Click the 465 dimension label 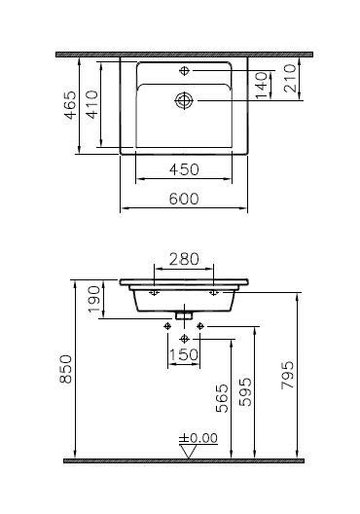tap(70, 105)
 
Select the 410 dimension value tap(92, 104)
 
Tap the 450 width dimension tap(184, 169)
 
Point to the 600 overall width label tap(184, 199)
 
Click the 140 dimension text tap(261, 86)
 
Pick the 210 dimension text tap(290, 78)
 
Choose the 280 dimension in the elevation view tap(184, 259)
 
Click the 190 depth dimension tap(94, 299)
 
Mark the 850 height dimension tap(65, 369)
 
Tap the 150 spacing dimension tap(184, 354)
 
